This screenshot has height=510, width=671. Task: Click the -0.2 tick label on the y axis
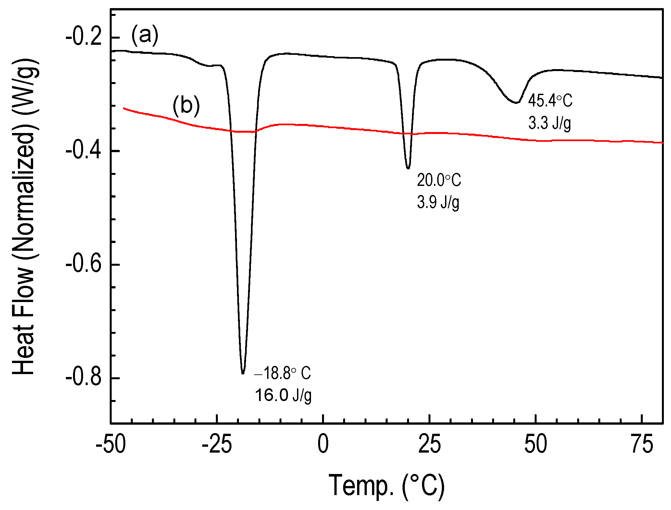coord(84,38)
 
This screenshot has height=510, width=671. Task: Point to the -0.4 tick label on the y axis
coord(84,151)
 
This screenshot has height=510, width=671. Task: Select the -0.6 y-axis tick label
coord(84,265)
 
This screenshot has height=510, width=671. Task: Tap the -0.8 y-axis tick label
coord(84,378)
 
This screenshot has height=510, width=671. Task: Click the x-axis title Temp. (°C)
coord(386,486)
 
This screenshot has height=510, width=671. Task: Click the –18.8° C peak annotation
coord(282,373)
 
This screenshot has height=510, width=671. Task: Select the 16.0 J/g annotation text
coord(283,395)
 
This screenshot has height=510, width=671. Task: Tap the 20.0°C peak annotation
coord(439,180)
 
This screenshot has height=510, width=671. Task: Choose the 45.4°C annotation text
coord(550,101)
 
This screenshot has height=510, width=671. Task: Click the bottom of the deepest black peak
coord(243,373)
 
